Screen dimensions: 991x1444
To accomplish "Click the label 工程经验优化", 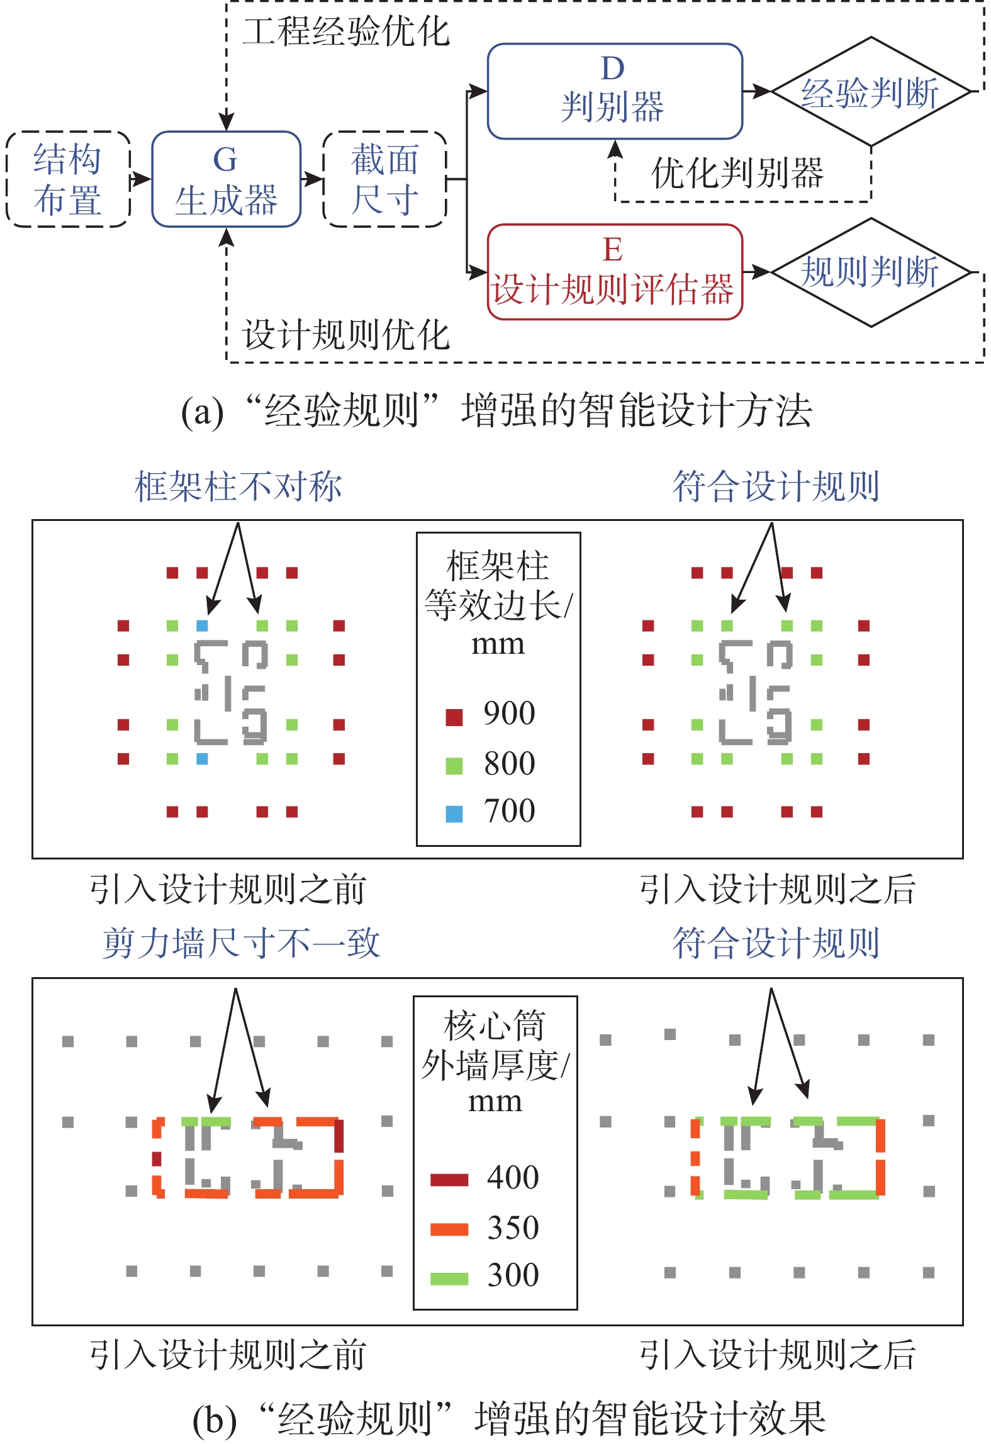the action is (346, 31).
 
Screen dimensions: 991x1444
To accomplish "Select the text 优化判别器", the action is (737, 173).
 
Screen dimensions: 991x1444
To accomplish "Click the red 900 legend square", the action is (454, 717).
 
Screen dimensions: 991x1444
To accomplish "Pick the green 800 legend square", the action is (454, 766).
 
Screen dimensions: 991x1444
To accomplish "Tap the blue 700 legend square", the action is (454, 814).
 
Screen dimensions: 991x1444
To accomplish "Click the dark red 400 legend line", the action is (449, 1179).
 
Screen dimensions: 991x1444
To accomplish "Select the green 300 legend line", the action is (449, 1278).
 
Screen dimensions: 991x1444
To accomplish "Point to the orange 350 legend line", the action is (449, 1229).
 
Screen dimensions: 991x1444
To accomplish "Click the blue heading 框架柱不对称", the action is (238, 486).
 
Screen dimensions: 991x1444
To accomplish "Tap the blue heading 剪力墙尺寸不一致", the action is (242, 943).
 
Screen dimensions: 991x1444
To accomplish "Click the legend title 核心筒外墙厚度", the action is (495, 1045).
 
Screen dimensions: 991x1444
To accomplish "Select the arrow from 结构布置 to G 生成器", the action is (141, 179).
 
